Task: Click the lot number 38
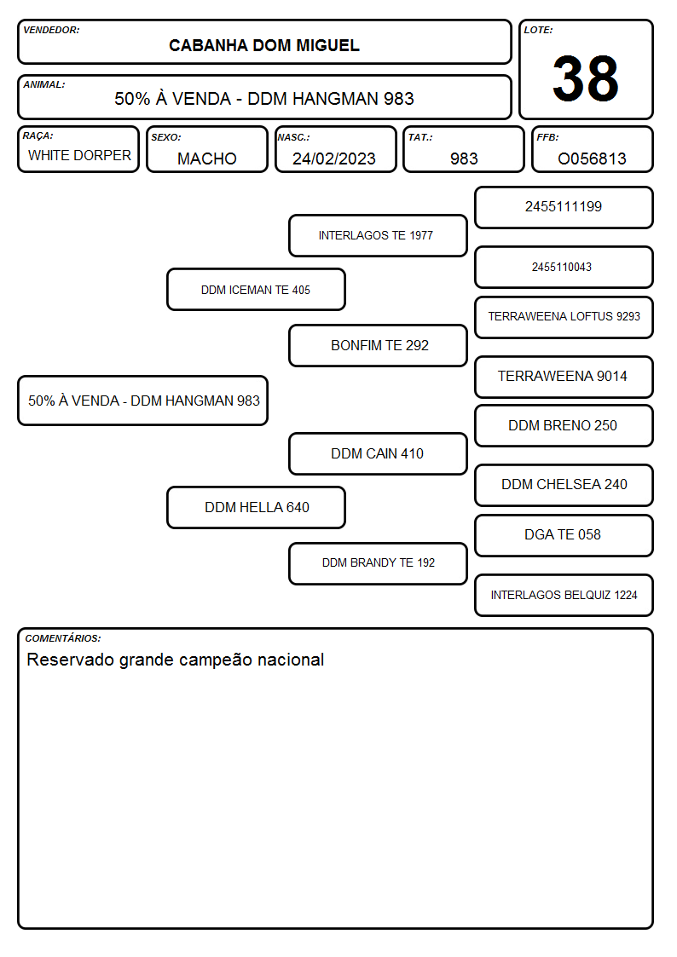586,78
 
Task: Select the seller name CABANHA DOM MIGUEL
264,46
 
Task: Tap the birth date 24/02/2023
334,159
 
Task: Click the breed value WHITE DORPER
79,156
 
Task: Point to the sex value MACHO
207,159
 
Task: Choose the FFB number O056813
592,159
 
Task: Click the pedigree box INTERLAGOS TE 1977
378,235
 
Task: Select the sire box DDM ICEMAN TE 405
256,289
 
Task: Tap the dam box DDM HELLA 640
256,507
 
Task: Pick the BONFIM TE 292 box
378,345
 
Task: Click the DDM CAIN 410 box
378,453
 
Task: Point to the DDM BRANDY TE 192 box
378,563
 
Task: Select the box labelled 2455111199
564,208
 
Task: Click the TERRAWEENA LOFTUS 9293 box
564,317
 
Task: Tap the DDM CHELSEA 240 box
564,485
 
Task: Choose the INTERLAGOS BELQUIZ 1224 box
564,595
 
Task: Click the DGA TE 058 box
564,535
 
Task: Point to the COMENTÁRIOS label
63,638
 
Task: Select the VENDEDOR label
51,30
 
